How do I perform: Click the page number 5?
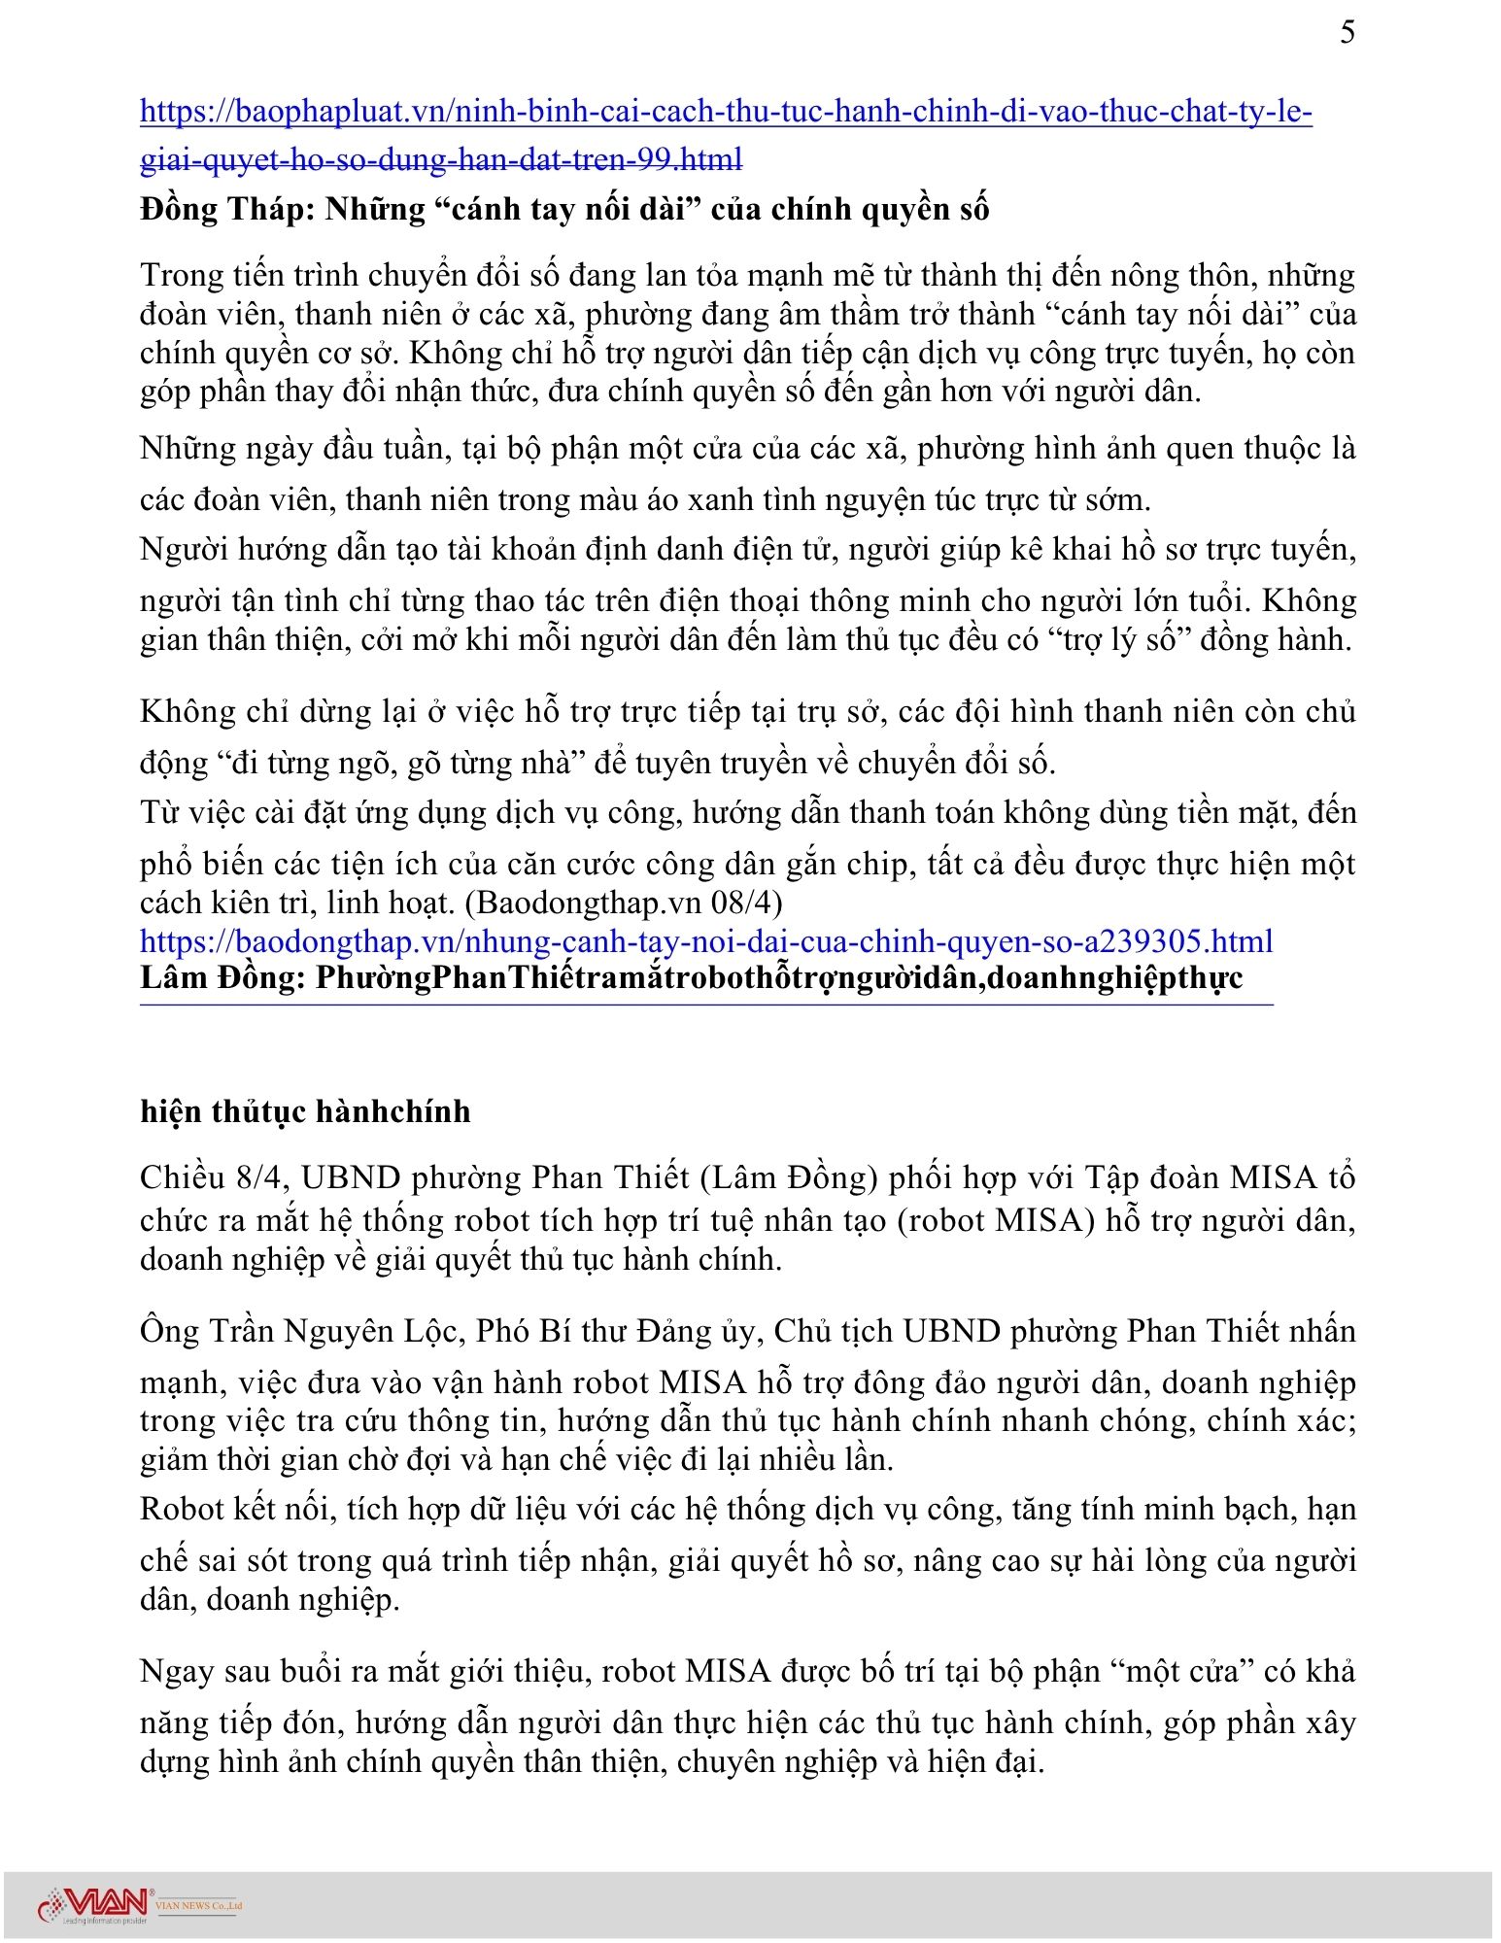coord(1347,33)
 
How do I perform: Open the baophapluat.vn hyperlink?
coord(726,113)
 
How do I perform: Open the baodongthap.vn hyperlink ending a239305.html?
coord(706,941)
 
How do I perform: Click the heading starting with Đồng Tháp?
coord(564,210)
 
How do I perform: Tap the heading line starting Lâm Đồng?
coord(691,977)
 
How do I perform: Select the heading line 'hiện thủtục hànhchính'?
coord(305,1111)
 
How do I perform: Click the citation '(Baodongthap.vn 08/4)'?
coord(624,903)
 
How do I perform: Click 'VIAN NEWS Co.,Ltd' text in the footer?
coord(198,1906)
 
